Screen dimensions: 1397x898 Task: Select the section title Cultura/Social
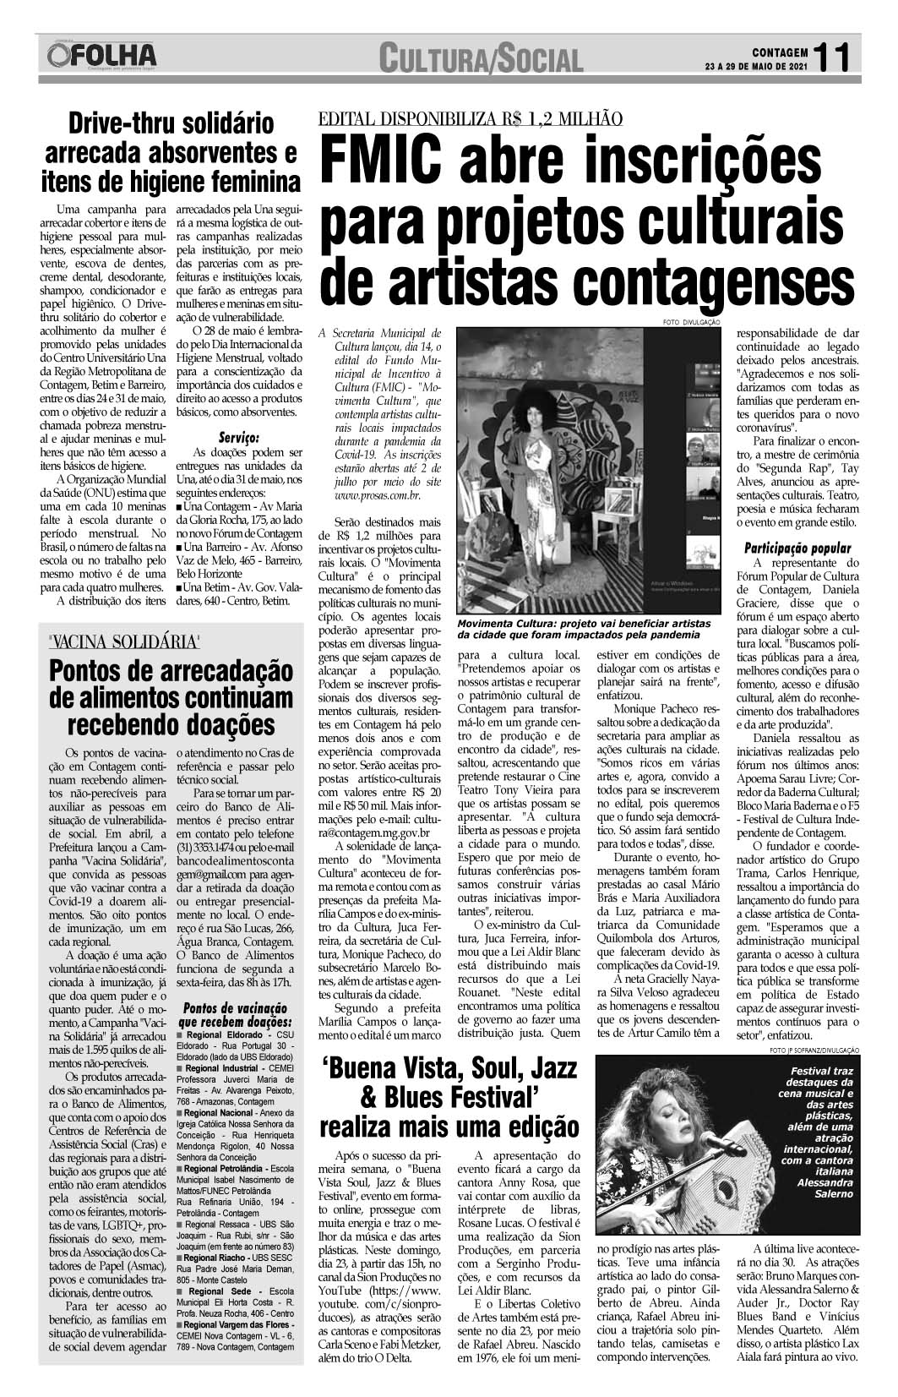480,59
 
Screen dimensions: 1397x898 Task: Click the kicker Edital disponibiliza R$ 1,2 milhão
471,119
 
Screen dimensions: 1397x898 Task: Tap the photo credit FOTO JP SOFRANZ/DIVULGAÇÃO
814,1050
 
